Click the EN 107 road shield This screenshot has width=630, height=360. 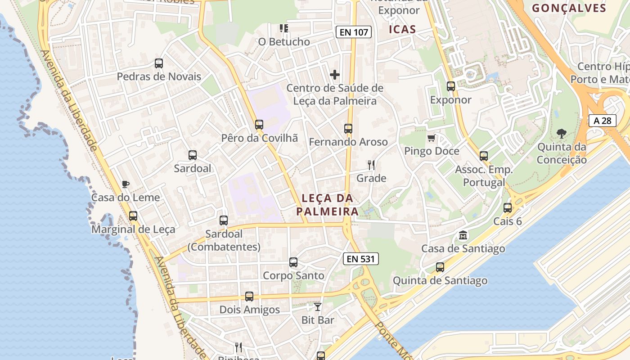click(353, 32)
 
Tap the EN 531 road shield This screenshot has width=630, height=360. click(360, 259)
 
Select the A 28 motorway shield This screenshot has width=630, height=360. click(602, 121)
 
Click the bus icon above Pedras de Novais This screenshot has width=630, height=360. click(159, 63)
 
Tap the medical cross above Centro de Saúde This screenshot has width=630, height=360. click(335, 74)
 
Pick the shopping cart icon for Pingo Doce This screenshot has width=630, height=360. click(432, 138)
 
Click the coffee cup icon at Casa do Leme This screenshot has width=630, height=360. click(126, 184)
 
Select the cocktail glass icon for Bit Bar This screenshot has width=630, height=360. click(318, 307)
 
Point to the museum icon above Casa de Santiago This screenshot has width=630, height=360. click(463, 235)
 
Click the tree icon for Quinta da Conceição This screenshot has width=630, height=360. click(562, 134)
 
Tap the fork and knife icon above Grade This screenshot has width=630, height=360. click(371, 165)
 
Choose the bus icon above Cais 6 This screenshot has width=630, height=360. click(508, 208)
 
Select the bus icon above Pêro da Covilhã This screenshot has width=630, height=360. click(259, 125)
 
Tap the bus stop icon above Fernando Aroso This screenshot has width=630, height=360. click(348, 129)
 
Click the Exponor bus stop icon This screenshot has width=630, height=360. click(451, 86)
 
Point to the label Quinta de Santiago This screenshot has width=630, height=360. click(440, 281)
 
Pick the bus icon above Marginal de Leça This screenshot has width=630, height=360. click(133, 216)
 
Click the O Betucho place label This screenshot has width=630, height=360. click(284, 42)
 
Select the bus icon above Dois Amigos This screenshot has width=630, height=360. click(249, 297)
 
